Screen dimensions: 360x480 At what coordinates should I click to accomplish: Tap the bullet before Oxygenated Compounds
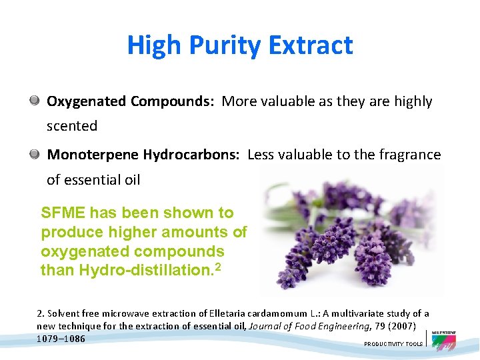click(34, 101)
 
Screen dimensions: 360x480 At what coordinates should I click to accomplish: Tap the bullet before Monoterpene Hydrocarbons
click(34, 154)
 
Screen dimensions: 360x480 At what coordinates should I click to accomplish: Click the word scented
click(72, 126)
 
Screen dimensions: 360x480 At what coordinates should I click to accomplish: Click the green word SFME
click(63, 213)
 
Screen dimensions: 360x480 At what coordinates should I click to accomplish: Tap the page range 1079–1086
click(61, 338)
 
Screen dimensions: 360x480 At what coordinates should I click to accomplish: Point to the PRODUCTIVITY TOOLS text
click(393, 344)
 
